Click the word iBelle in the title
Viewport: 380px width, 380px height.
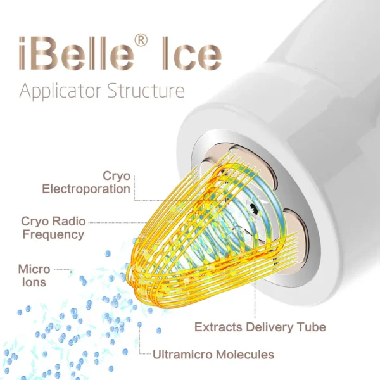[x=77, y=53]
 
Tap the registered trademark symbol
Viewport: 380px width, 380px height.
[x=141, y=41]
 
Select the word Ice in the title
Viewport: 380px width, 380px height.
[x=192, y=53]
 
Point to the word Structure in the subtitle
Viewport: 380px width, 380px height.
[x=146, y=91]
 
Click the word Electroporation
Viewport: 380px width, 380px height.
[x=86, y=189]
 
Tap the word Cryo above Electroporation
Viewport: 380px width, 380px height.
[x=117, y=176]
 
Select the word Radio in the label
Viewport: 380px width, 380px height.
[x=70, y=221]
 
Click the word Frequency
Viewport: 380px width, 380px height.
[x=53, y=234]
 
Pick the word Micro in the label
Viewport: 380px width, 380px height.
[x=34, y=269]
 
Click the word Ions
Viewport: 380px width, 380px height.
[x=34, y=282]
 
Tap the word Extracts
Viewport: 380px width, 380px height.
[x=218, y=327]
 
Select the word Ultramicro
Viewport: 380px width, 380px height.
[x=182, y=355]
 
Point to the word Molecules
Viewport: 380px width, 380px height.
[x=245, y=355]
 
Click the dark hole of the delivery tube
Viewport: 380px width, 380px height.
[x=253, y=206]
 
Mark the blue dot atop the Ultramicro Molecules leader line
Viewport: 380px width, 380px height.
[x=139, y=324]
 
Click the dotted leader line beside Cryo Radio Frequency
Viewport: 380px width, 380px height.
[x=118, y=222]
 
